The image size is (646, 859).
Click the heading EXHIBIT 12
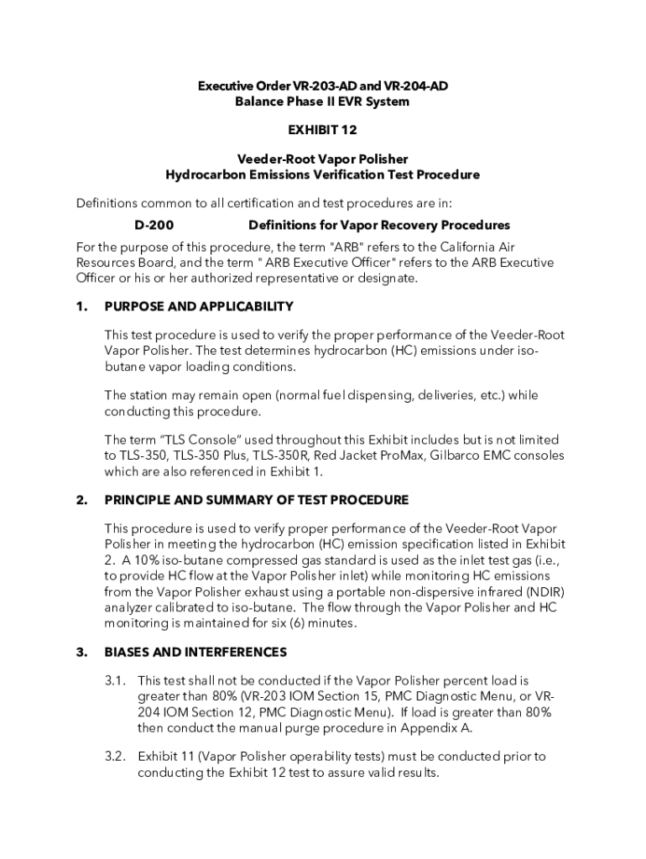pos(323,131)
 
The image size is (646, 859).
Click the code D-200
pos(154,226)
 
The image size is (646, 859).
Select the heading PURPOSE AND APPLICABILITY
pos(198,307)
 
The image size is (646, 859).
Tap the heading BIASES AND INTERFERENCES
pos(195,652)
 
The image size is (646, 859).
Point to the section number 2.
pos(81,500)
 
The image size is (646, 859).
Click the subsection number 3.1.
pos(116,680)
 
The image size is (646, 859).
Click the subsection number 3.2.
pos(116,757)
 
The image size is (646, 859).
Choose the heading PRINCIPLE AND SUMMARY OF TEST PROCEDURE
pos(257,500)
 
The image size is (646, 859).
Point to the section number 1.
pos(81,307)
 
